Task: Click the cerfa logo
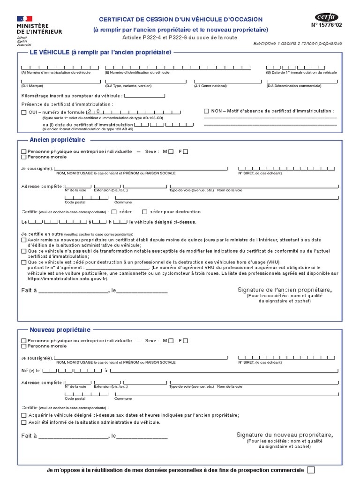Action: click(x=327, y=17)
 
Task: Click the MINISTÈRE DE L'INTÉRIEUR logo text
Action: click(x=39, y=28)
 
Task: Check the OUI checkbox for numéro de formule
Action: click(x=24, y=112)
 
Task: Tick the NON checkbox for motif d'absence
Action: click(x=206, y=111)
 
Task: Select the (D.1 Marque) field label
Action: click(x=32, y=86)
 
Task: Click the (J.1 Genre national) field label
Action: click(x=210, y=86)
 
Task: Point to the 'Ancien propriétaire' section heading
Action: click(x=57, y=140)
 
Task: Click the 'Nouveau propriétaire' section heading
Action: click(x=60, y=330)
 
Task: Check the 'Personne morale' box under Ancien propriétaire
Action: click(x=24, y=157)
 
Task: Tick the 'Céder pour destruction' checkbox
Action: click(x=145, y=212)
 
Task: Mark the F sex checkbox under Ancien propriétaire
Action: click(x=186, y=151)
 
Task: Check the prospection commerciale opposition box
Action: click(x=310, y=470)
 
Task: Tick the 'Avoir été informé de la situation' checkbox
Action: click(x=24, y=422)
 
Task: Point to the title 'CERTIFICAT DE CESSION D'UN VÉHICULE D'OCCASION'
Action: click(x=180, y=19)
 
